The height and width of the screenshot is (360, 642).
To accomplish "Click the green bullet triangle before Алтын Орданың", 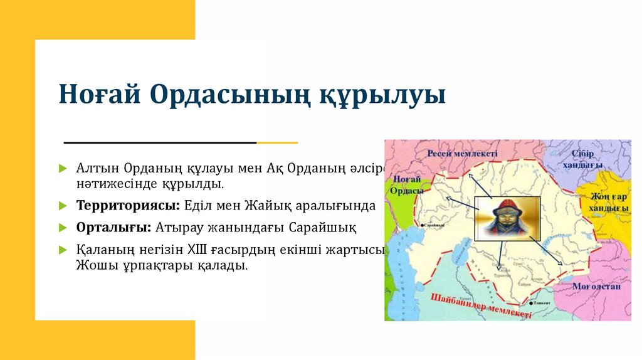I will pyautogui.click(x=63, y=170).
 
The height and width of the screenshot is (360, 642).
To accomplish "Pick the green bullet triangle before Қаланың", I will pyautogui.click(x=63, y=250).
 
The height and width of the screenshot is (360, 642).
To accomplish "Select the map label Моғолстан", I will pyautogui.click(x=596, y=286).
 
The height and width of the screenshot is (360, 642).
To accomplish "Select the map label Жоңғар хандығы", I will pyautogui.click(x=608, y=201).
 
